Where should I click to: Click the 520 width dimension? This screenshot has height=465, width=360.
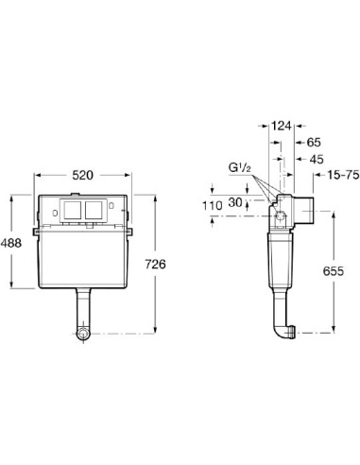pyautogui.click(x=83, y=175)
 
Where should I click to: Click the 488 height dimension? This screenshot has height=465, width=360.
pyautogui.click(x=10, y=243)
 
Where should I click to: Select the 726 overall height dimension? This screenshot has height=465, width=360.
pyautogui.click(x=155, y=264)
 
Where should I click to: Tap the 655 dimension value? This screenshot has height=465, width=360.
pyautogui.click(x=334, y=271)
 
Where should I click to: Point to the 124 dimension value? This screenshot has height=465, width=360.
pyautogui.click(x=282, y=126)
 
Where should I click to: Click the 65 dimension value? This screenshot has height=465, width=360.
pyautogui.click(x=314, y=143)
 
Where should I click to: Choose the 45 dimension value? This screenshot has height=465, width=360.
pyautogui.click(x=317, y=160)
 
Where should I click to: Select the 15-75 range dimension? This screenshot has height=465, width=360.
pyautogui.click(x=342, y=175)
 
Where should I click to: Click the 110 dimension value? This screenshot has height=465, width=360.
pyautogui.click(x=212, y=206)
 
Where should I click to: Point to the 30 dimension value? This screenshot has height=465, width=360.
pyautogui.click(x=235, y=202)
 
